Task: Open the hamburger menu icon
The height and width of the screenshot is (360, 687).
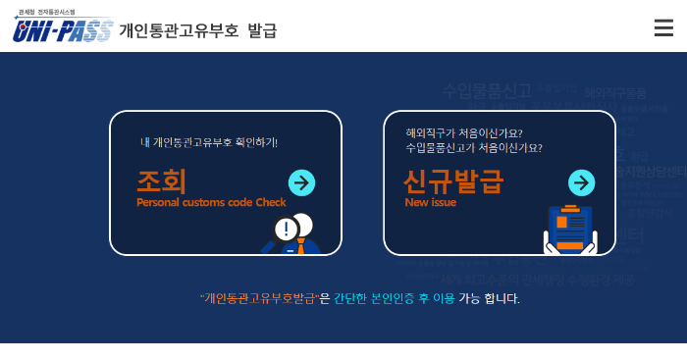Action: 663,27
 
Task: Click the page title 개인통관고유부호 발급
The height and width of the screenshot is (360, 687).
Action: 198,30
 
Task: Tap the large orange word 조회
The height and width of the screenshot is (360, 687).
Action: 161,181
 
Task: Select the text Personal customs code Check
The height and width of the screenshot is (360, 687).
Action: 211,203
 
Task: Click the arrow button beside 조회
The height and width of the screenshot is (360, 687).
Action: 301,182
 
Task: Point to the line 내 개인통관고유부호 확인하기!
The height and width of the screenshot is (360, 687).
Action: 209,142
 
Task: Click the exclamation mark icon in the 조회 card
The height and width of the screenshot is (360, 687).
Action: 286,230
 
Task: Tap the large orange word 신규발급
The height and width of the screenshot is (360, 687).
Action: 452,181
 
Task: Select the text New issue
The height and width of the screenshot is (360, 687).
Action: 430,203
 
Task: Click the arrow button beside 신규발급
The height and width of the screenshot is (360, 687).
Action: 581,182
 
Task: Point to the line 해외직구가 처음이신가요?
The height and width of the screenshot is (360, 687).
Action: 463,133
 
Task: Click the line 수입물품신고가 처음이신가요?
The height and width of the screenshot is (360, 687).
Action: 473,148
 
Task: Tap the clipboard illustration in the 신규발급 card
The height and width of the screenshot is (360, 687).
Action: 569,230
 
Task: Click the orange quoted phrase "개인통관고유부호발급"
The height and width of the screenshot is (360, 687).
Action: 259,298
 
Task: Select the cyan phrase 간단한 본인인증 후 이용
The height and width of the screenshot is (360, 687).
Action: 394,298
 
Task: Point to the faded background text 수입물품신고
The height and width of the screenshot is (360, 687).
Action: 486,91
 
